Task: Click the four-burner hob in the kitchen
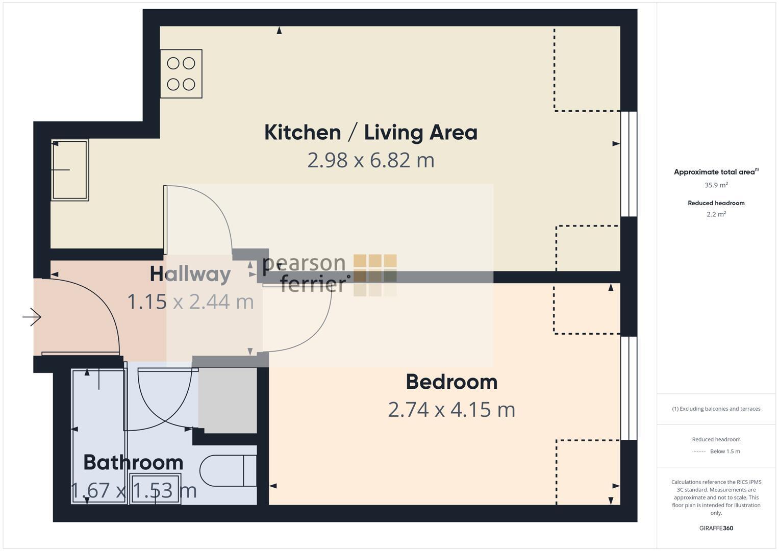tap(181, 73)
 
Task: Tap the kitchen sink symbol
tap(70, 169)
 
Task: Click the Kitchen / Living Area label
tap(371, 132)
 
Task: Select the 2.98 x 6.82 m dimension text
tap(371, 160)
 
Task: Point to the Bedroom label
tap(451, 382)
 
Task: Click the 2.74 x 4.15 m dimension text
tap(451, 410)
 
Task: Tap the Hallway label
tap(190, 274)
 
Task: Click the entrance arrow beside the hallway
tap(32, 317)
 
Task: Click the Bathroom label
tap(133, 462)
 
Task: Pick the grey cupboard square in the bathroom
tap(228, 400)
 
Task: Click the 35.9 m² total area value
tap(716, 185)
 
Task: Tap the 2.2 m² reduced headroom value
tap(716, 214)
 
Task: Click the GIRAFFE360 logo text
tap(716, 529)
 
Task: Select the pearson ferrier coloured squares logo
tap(375, 275)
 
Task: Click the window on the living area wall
tap(629, 164)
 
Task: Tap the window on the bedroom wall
tap(629, 388)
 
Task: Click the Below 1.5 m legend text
tap(725, 452)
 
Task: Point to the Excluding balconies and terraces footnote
tap(716, 409)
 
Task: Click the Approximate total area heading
tap(715, 172)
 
